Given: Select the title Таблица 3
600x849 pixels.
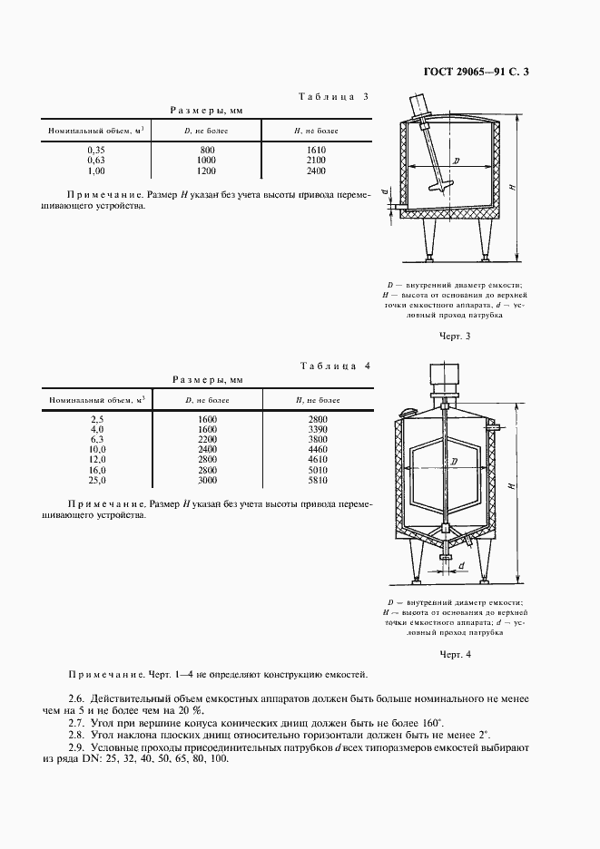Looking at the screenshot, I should click(333, 96).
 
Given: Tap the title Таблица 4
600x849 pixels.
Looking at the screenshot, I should click(333, 366).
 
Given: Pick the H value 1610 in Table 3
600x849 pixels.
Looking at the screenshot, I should click(316, 149).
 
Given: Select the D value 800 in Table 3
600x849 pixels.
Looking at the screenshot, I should click(207, 149).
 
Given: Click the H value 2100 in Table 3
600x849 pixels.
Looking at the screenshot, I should click(316, 159).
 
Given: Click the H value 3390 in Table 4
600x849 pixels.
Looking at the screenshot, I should click(316, 429).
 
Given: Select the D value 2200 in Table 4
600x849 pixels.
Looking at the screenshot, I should click(207, 439).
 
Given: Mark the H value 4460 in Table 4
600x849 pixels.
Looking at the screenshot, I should click(316, 449).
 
